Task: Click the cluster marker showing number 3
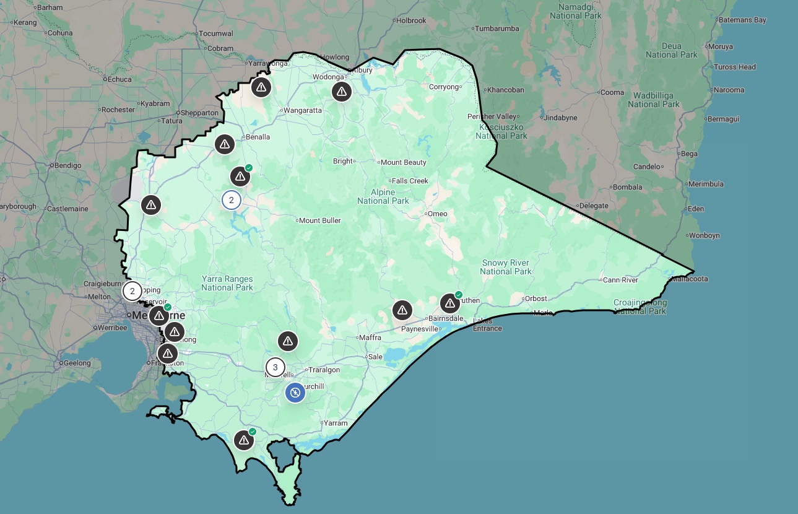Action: (275, 367)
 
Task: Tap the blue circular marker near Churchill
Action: (295, 392)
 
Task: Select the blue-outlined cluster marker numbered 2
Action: (232, 200)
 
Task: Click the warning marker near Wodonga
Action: (341, 92)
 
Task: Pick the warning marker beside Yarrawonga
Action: (261, 87)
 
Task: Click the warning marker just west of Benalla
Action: (224, 144)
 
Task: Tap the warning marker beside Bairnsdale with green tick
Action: (450, 303)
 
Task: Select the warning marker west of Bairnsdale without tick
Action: (402, 310)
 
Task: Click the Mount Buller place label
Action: (319, 220)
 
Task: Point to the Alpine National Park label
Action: (383, 196)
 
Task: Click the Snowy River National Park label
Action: (505, 267)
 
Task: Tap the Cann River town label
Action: (620, 280)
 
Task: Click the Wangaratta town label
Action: (303, 110)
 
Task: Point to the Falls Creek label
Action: (410, 181)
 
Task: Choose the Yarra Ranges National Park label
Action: (227, 283)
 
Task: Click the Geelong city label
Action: (77, 363)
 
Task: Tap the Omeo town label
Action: (437, 214)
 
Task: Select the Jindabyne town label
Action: (560, 117)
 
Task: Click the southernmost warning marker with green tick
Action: (244, 440)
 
